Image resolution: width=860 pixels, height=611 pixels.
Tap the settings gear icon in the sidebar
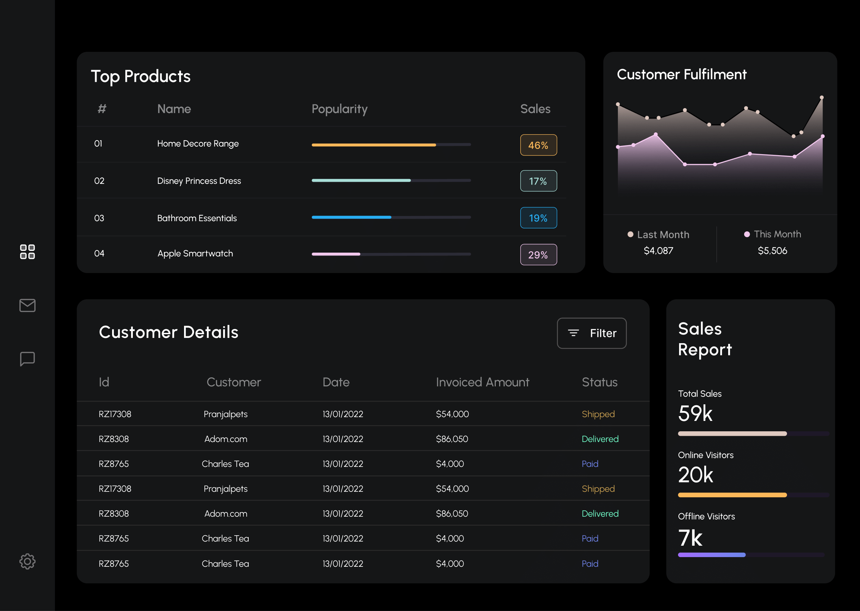pyautogui.click(x=27, y=561)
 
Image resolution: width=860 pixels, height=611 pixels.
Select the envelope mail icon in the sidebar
pyautogui.click(x=27, y=305)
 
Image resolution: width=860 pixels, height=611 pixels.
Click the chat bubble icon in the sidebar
pyautogui.click(x=27, y=359)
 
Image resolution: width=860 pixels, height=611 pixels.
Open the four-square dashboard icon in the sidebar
pyautogui.click(x=27, y=251)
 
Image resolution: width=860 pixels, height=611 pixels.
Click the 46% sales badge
pyautogui.click(x=538, y=145)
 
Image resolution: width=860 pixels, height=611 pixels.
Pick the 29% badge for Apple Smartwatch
pyautogui.click(x=538, y=255)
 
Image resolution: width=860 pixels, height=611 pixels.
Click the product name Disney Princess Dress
pyautogui.click(x=199, y=181)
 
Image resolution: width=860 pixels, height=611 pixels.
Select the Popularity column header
pyautogui.click(x=339, y=109)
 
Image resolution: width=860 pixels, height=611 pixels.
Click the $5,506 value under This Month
pyautogui.click(x=772, y=251)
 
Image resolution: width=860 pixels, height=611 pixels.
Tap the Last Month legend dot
pyautogui.click(x=630, y=234)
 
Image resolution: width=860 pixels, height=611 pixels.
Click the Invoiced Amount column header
pyautogui.click(x=482, y=382)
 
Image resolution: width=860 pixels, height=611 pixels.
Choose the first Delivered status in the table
pyautogui.click(x=600, y=439)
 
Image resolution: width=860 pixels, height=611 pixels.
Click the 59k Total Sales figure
pyautogui.click(x=695, y=413)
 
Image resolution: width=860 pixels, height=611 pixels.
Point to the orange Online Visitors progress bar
pyautogui.click(x=732, y=495)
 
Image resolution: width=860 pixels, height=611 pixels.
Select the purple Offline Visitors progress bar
pyautogui.click(x=711, y=555)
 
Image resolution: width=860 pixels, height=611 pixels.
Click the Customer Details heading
pyautogui.click(x=168, y=332)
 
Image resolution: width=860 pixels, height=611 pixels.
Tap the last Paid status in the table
pyautogui.click(x=589, y=563)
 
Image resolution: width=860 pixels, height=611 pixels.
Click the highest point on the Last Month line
pyautogui.click(x=821, y=97)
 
